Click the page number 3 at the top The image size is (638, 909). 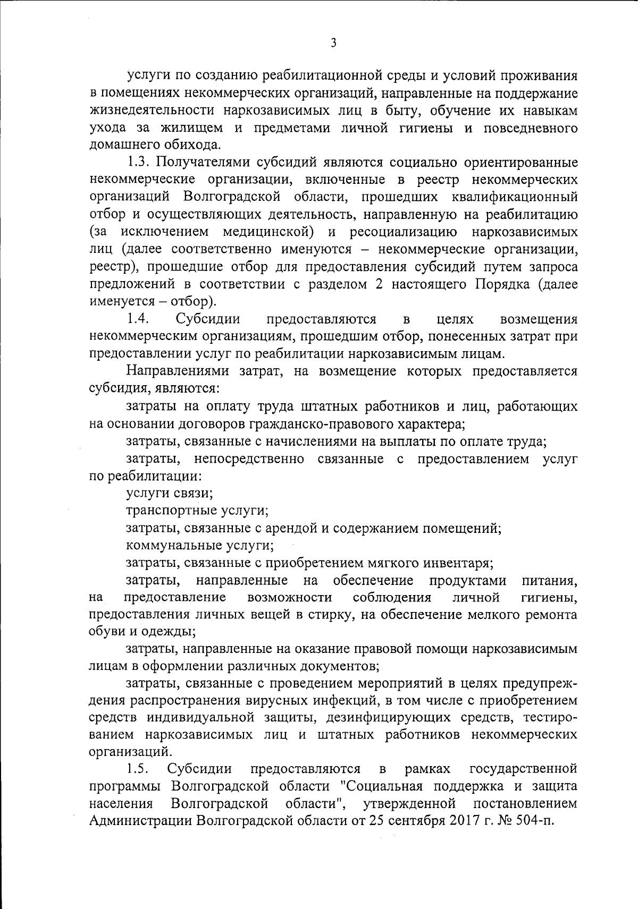click(x=333, y=44)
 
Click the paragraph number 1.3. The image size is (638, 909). click(x=140, y=163)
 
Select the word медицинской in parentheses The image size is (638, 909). click(x=266, y=232)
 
